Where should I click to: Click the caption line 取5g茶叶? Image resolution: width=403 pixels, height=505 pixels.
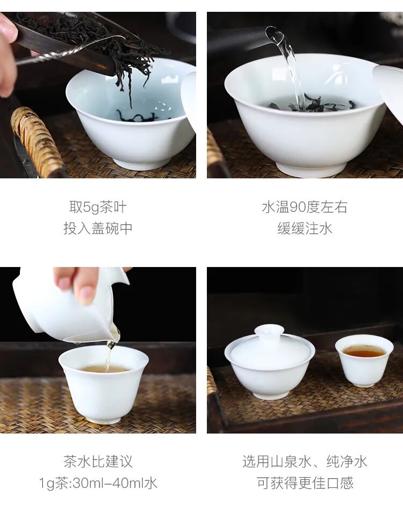(98, 207)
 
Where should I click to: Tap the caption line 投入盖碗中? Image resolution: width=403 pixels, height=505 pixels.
(98, 228)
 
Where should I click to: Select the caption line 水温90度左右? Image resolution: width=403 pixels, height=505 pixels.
(305, 207)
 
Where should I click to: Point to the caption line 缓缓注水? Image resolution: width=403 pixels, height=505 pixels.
(305, 228)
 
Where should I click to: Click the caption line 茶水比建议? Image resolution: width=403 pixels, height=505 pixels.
(98, 461)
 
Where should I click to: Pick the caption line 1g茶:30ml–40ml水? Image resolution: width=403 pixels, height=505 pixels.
(98, 483)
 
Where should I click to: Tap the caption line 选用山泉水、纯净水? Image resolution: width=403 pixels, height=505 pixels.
(305, 461)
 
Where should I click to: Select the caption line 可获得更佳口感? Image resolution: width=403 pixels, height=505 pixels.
(305, 483)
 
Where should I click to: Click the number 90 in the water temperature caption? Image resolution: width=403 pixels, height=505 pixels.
(298, 207)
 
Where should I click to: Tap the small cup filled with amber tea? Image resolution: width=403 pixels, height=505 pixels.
(364, 360)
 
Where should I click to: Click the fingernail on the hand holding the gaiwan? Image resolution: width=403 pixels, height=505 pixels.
(86, 294)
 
